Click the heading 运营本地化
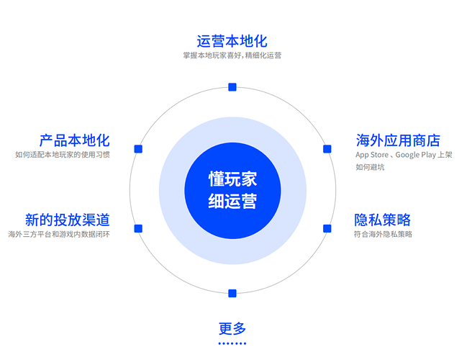232,40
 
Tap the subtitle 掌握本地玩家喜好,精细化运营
232,55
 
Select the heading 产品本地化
74,140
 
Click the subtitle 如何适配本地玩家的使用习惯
63,155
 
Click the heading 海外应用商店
397,140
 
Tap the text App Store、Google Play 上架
403,155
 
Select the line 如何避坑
370,168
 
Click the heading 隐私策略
382,220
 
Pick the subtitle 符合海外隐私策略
383,234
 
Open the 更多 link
232,329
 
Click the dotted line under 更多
232,343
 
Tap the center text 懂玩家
232,179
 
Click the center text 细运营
232,201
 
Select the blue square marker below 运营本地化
232,87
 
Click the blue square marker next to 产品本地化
138,149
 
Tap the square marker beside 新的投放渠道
138,228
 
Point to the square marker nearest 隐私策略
327,228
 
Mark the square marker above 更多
232,293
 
